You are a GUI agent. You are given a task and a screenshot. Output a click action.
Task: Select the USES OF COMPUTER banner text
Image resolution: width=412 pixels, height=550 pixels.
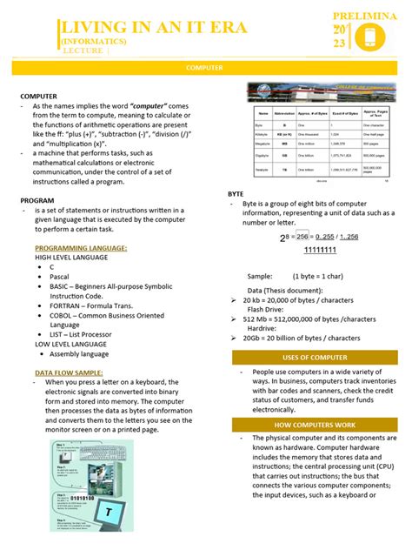pyautogui.click(x=316, y=358)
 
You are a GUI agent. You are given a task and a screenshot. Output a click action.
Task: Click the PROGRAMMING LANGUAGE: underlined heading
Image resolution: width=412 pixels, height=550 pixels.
pyautogui.click(x=81, y=248)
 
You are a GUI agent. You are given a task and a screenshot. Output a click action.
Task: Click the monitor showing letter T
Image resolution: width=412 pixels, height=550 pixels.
pyautogui.click(x=108, y=513)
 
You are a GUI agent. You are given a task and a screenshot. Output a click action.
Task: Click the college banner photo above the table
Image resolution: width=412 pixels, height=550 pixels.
pyautogui.click(x=320, y=93)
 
